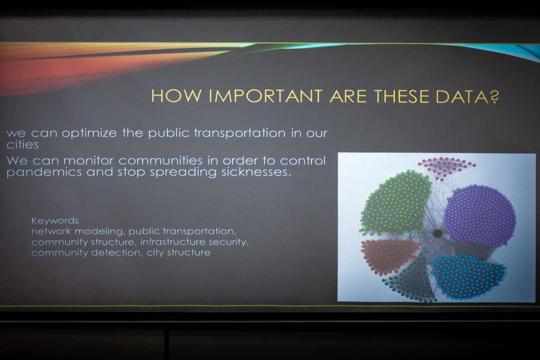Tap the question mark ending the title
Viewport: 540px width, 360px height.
point(494,96)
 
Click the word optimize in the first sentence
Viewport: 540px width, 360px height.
point(89,133)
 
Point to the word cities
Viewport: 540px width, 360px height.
point(22,145)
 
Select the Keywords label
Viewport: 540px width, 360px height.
point(55,220)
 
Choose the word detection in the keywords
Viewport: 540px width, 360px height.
point(116,253)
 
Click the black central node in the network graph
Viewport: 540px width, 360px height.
point(437,233)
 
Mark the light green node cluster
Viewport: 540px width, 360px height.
point(395,202)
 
